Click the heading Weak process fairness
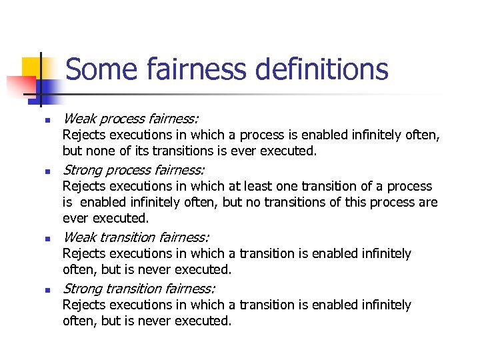tap(130, 119)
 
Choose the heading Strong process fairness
tap(133, 169)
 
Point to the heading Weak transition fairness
tap(136, 237)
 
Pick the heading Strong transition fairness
tap(139, 288)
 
